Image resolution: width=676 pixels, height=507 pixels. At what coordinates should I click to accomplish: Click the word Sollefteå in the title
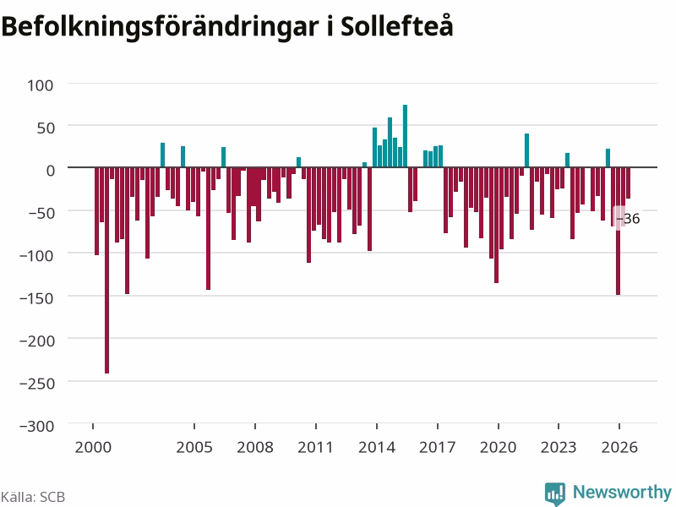(x=396, y=26)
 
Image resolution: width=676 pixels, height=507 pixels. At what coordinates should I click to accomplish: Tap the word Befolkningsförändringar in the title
(x=160, y=28)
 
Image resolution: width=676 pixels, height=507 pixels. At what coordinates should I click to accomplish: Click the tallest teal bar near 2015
(x=406, y=136)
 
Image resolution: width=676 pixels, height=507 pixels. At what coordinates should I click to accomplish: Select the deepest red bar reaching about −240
(x=107, y=270)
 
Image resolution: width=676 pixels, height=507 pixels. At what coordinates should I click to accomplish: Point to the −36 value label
(x=628, y=219)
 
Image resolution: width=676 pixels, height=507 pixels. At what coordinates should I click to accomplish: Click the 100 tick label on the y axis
(x=41, y=85)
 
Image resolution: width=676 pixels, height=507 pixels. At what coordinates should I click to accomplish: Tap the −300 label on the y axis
(x=37, y=427)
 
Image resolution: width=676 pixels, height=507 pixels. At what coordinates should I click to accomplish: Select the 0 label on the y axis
(x=51, y=171)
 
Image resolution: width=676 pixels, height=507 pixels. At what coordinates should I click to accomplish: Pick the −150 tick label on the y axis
(x=36, y=298)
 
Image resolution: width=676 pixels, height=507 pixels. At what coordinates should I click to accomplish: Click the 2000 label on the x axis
(x=93, y=447)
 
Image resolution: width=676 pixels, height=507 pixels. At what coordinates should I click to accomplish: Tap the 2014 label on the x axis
(x=377, y=447)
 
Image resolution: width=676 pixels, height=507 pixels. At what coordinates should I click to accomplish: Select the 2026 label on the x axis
(x=619, y=447)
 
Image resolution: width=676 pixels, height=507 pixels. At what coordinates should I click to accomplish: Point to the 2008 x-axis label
(x=255, y=447)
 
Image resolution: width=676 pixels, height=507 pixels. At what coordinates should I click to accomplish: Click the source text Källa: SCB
(x=33, y=497)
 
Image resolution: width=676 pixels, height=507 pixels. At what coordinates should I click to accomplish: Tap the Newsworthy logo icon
(x=555, y=493)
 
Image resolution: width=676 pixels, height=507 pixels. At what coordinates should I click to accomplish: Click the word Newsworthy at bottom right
(x=622, y=492)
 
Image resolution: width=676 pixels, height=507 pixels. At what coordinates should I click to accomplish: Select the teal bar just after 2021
(x=526, y=150)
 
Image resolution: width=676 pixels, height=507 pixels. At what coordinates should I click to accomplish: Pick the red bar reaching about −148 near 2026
(x=619, y=231)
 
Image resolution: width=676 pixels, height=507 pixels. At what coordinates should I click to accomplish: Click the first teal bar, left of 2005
(x=162, y=155)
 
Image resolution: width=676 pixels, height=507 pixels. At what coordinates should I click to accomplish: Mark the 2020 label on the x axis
(x=498, y=447)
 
